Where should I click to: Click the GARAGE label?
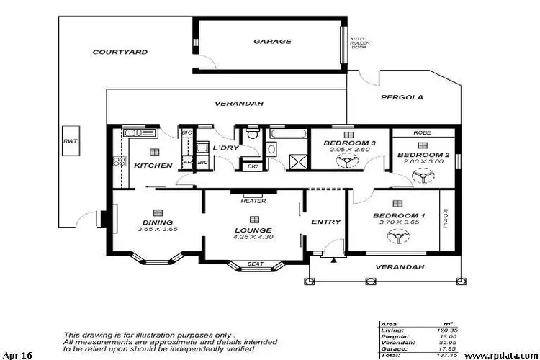pyautogui.click(x=272, y=42)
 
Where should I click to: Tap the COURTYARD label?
pyautogui.click(x=120, y=52)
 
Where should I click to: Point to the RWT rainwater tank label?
pyautogui.click(x=70, y=141)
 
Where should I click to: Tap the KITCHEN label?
pyautogui.click(x=153, y=166)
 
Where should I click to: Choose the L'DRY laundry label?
pyautogui.click(x=225, y=148)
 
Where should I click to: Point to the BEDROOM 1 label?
pyautogui.click(x=398, y=216)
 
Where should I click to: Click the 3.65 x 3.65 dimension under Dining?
pyautogui.click(x=157, y=229)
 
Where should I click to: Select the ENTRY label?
pyautogui.click(x=325, y=222)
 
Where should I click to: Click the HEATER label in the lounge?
pyautogui.click(x=253, y=201)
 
